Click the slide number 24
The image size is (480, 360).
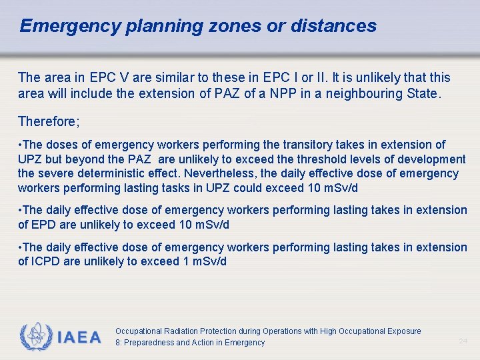pyautogui.click(x=463, y=341)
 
